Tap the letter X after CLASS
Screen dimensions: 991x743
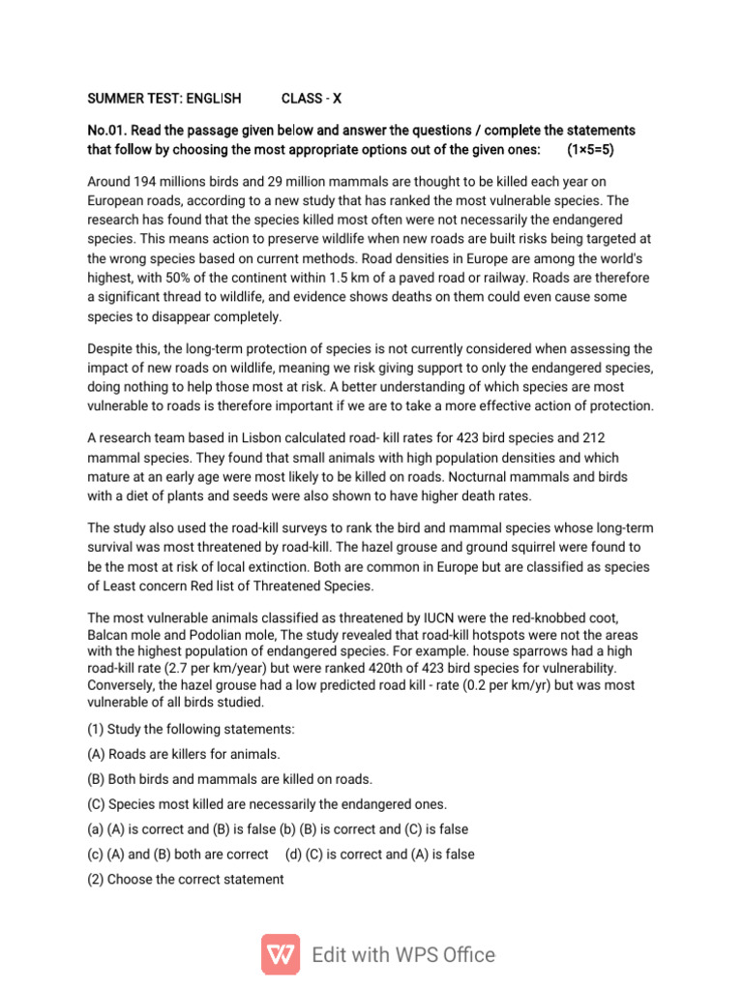(338, 99)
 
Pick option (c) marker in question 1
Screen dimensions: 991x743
(96, 855)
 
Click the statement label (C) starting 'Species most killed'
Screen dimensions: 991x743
(96, 804)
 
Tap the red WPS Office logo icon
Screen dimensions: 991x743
(281, 954)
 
